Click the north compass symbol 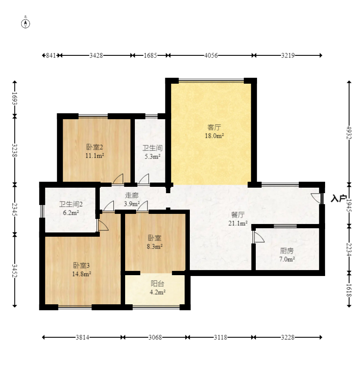coord(25,23)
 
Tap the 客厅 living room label coord(214,128)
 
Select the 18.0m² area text coord(214,136)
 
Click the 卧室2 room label coord(94,147)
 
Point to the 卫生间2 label coord(71,205)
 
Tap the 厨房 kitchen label coord(287,251)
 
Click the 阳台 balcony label coord(157,284)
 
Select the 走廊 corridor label coord(131,196)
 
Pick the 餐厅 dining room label coord(238,215)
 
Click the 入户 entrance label coord(339,199)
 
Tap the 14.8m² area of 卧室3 coord(82,274)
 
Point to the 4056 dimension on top coord(211,55)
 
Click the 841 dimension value coord(51,55)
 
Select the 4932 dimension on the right coord(349,133)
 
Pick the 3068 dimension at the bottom coord(155,337)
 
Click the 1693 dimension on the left coord(15,98)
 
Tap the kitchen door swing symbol coord(258,237)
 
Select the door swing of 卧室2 coord(118,179)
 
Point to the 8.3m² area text coord(155,246)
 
